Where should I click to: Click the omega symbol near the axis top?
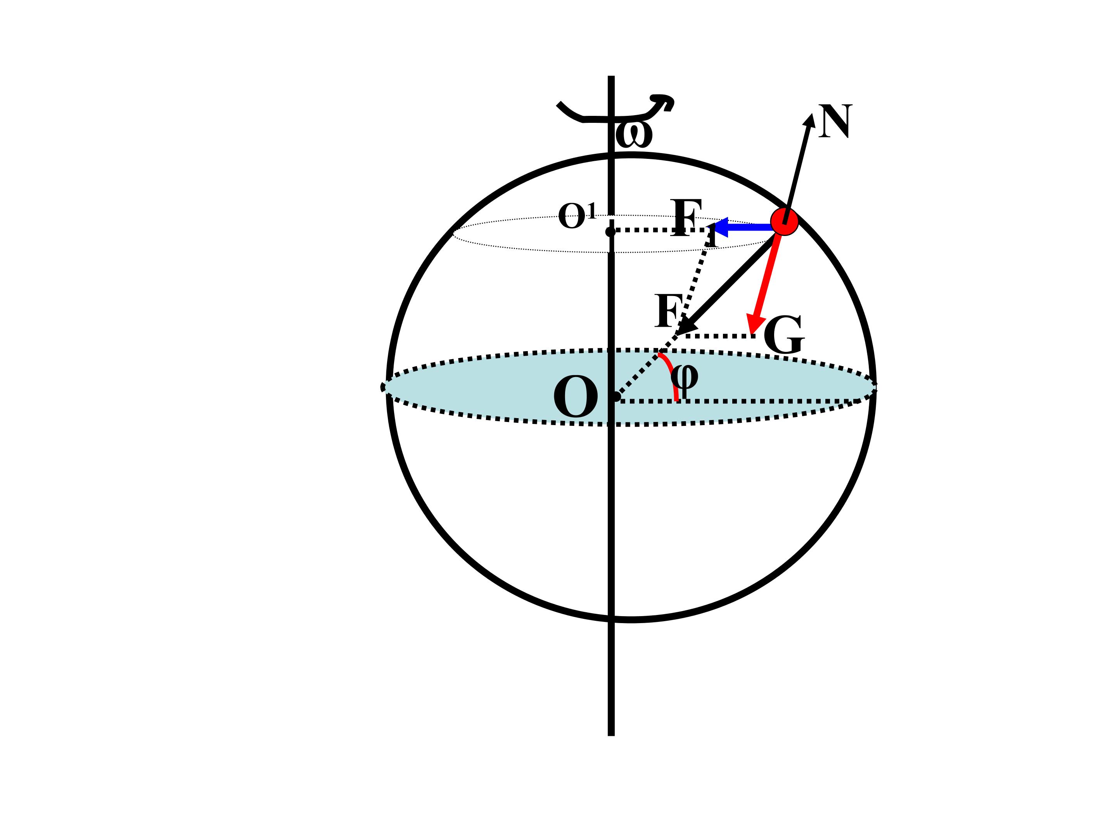pos(634,135)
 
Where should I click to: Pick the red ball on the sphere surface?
pos(784,222)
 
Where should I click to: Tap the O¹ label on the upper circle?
pos(577,216)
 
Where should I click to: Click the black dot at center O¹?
pos(610,232)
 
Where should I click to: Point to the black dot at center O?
pos(616,396)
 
